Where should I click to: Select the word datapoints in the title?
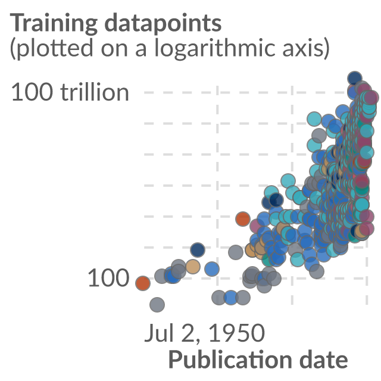point(163,23)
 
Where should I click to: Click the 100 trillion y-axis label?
point(70,92)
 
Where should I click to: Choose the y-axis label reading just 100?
point(108,278)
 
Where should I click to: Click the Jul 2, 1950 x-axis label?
point(205,333)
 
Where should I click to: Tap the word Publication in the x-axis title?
point(230,360)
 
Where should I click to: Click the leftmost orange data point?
point(143,283)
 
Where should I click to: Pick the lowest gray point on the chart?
point(157,305)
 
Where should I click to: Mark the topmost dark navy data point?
point(355,79)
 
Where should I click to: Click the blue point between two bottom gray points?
point(231,298)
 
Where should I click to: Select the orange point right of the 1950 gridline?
point(243,218)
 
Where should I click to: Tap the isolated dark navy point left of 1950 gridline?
point(198,250)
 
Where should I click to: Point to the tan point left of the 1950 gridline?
point(193,267)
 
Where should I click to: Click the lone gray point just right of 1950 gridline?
point(236,252)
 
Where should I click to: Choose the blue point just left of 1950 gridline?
point(212,269)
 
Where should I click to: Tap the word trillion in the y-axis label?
point(95,92)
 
